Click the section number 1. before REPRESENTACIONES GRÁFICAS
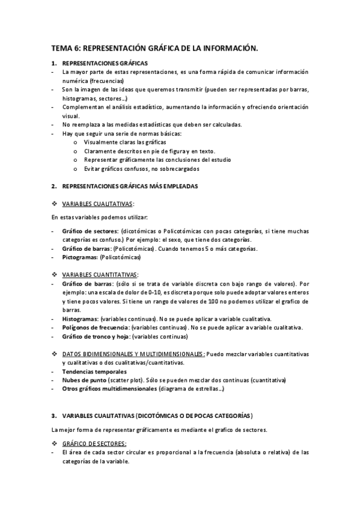(x=53, y=63)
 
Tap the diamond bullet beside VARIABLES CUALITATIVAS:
(x=54, y=204)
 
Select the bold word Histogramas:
(x=81, y=319)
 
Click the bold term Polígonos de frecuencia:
(x=96, y=327)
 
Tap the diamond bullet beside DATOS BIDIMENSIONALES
(x=54, y=354)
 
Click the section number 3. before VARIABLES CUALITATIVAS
(x=53, y=416)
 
